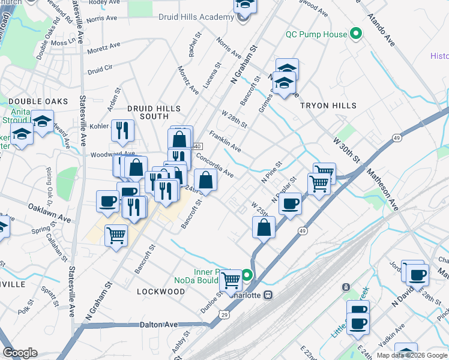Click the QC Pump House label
click(316, 34)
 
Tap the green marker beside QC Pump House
click(355, 34)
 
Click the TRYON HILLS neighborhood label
click(328, 106)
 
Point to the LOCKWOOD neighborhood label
click(161, 292)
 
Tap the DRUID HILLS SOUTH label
click(154, 112)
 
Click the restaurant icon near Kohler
click(123, 130)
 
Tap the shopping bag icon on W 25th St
click(264, 227)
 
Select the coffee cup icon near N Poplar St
click(290, 204)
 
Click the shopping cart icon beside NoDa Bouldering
click(231, 280)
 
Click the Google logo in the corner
click(20, 353)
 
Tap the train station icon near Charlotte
click(269, 295)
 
